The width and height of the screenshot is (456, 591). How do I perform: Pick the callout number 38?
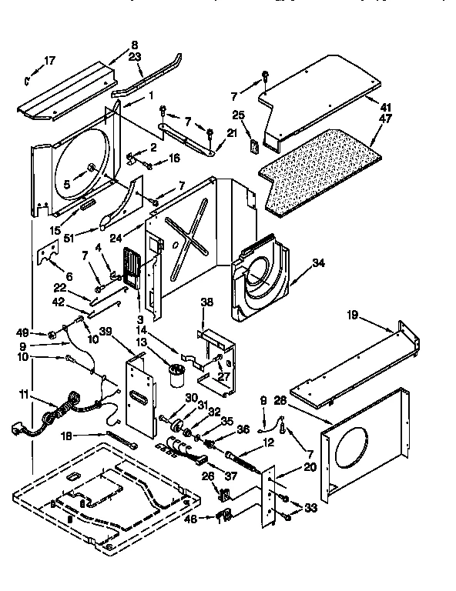(x=206, y=302)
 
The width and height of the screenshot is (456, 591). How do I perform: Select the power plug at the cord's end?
(x=19, y=429)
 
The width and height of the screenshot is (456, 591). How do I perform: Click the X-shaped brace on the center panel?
(x=188, y=228)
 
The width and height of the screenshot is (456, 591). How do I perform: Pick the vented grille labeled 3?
(x=132, y=272)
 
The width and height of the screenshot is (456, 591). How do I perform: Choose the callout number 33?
(x=310, y=507)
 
